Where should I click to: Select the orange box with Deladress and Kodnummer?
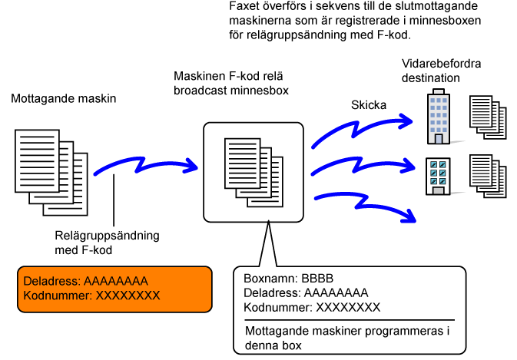114,289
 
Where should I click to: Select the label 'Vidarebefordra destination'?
441,71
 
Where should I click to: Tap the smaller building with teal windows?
438,176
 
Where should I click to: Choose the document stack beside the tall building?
488,117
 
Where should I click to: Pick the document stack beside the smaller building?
488,176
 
